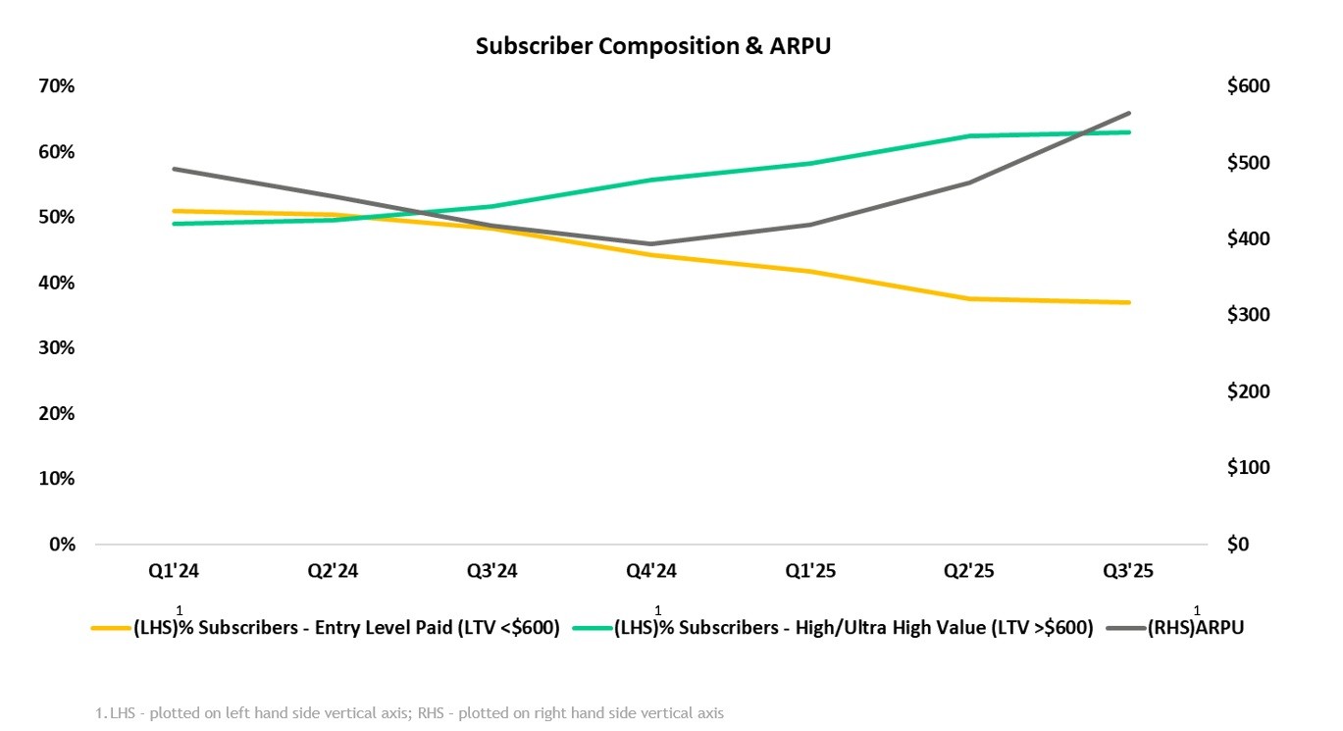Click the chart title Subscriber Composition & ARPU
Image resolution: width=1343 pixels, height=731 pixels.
tap(652, 46)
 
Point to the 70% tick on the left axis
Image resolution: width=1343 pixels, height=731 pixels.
tap(57, 86)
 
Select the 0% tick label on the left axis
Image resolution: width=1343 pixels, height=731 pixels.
tap(62, 545)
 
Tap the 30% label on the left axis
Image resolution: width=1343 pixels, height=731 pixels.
tap(57, 348)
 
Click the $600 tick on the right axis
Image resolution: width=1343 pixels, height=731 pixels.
tap(1248, 86)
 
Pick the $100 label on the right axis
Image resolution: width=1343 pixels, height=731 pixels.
tap(1248, 468)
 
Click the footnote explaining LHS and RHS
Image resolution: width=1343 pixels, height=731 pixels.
tap(410, 713)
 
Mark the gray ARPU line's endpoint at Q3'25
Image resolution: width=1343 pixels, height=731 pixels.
tap(1129, 114)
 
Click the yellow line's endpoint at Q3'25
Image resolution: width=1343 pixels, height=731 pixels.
tap(1129, 302)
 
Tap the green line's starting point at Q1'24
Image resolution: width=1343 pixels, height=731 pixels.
tap(175, 224)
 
